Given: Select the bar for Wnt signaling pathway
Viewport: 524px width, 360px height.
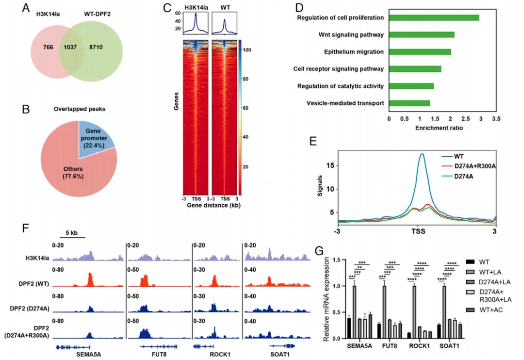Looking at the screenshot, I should point(421,34).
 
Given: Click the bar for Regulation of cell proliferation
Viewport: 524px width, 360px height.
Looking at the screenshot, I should point(434,17).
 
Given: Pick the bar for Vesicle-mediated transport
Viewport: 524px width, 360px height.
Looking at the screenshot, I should point(409,103).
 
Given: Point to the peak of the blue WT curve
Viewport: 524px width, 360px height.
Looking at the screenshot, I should point(422,154).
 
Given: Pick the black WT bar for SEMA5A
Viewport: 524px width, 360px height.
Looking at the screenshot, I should point(349,328).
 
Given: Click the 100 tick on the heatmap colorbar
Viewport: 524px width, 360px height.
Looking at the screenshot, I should point(246,50).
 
